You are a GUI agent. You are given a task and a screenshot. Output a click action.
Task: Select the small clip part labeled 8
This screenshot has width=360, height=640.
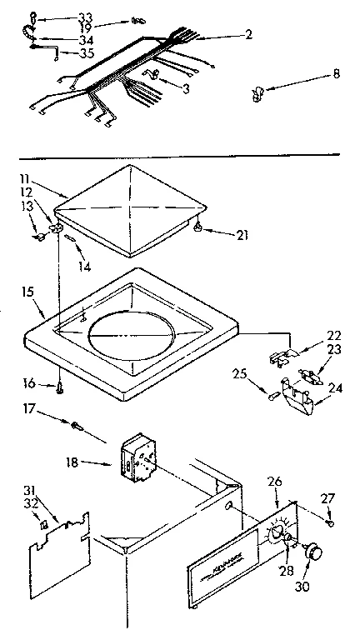pyautogui.click(x=257, y=92)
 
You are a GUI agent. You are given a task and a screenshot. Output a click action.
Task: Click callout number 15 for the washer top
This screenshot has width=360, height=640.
pyautogui.click(x=28, y=292)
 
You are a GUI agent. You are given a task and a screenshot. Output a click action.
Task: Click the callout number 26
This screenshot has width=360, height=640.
pyautogui.click(x=276, y=482)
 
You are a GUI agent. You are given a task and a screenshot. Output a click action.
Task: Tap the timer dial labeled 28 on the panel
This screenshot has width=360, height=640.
pyautogui.click(x=279, y=535)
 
